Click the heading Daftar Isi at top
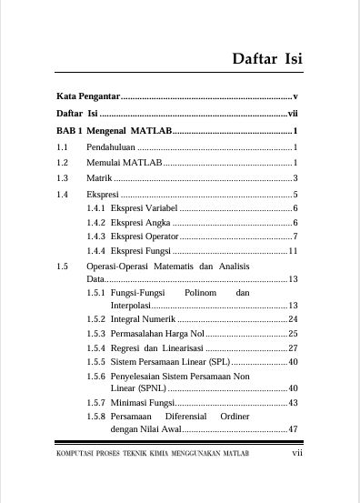pos(266,59)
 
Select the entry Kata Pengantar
pos(88,96)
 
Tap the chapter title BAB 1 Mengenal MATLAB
pos(113,131)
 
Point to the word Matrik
pos(99,177)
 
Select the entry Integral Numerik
pos(143,319)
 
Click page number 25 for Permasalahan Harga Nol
pos(293,334)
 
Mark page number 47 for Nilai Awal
pos(293,428)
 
